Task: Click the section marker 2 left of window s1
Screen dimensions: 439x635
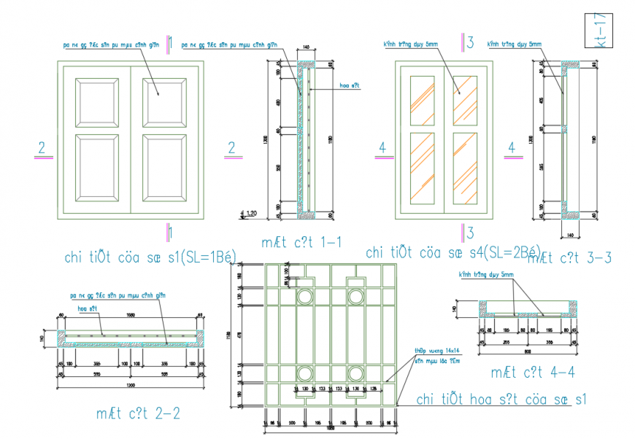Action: [42, 148]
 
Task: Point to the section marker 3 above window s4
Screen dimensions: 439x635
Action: [470, 42]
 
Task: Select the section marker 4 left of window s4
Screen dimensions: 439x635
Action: [380, 148]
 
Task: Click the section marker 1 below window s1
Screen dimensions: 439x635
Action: [170, 233]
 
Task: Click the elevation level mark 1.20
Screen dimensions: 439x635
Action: [250, 214]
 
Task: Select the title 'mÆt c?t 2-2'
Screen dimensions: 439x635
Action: [138, 413]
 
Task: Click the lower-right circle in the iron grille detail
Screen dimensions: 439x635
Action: [356, 373]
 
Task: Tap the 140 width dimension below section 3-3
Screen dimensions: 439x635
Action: [571, 234]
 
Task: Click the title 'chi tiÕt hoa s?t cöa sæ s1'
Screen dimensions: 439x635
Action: [501, 400]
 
